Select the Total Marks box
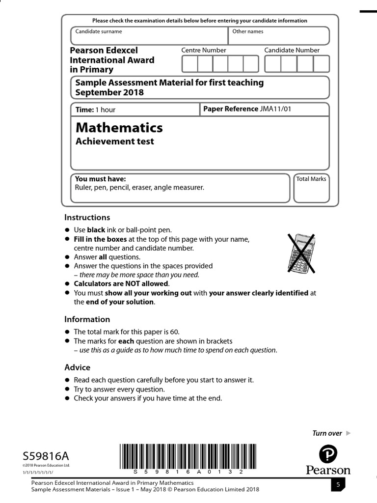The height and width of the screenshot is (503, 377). (x=311, y=188)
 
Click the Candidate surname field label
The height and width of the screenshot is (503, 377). (x=99, y=31)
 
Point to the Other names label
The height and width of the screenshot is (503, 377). (x=248, y=31)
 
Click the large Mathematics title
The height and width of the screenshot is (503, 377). (x=119, y=128)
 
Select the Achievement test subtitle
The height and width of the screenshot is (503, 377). (x=114, y=141)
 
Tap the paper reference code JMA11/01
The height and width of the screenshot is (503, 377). (x=275, y=109)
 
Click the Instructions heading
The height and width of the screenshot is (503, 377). (x=87, y=217)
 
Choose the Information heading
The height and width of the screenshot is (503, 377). (x=87, y=319)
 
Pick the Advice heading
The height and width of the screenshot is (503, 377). (x=78, y=367)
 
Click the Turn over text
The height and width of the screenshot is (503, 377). (x=327, y=433)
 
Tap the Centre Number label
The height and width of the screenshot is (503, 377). (x=204, y=50)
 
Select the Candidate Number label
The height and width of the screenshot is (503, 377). (x=292, y=50)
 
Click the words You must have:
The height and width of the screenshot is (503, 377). (x=100, y=179)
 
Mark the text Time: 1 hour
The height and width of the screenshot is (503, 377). (x=96, y=110)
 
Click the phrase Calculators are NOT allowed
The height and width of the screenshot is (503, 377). (x=121, y=283)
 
